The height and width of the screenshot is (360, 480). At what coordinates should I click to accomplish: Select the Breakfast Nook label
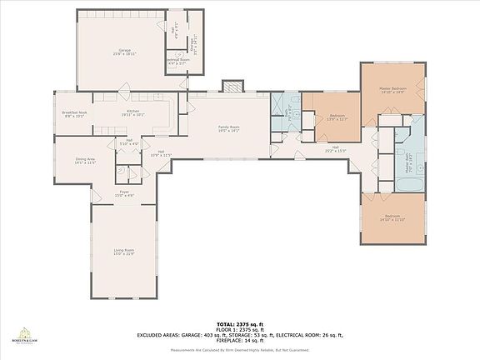click(75, 113)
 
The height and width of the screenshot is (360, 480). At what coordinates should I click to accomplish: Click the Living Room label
click(124, 252)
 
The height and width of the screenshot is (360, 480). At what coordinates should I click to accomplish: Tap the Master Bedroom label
click(392, 90)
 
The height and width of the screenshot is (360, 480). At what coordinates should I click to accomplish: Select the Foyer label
click(124, 193)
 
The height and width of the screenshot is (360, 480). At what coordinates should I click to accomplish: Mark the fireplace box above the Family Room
click(231, 87)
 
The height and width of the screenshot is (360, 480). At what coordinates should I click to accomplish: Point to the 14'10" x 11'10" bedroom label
click(392, 218)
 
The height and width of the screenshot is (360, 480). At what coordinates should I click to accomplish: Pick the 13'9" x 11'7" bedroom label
click(337, 117)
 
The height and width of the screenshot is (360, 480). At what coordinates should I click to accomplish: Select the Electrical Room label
click(177, 62)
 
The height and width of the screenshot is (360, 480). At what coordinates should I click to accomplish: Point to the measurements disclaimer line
click(240, 350)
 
